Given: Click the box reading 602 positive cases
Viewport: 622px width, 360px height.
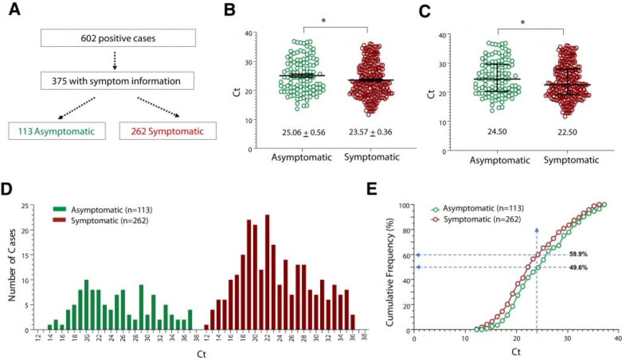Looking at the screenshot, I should [x=118, y=38].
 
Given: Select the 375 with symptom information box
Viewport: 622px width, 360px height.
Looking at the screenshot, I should [x=118, y=80].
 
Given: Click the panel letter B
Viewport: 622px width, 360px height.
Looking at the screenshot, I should [x=230, y=10].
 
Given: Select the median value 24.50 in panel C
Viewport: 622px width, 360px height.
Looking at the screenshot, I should [x=497, y=131].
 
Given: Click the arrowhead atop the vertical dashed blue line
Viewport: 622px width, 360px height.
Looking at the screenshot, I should [x=536, y=229].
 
